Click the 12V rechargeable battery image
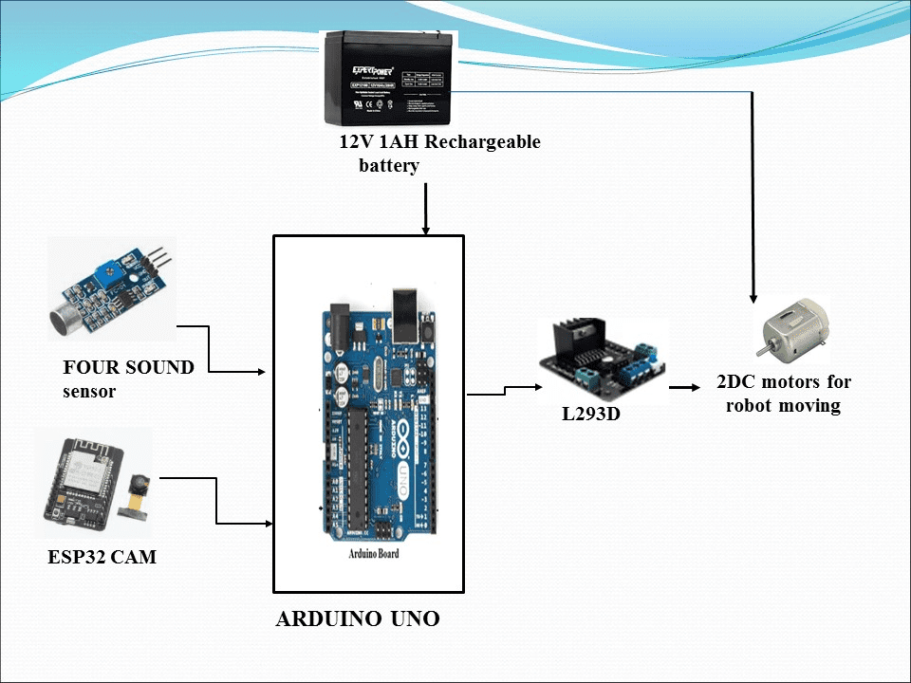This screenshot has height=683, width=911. [389, 78]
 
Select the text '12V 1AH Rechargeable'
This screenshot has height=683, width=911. [439, 142]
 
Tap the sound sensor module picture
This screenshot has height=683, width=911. [112, 289]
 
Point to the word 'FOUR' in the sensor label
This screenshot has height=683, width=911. [87, 367]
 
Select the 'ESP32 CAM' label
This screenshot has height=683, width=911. [102, 558]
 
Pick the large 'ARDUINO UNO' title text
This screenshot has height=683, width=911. [358, 619]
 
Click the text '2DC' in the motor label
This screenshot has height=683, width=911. [735, 382]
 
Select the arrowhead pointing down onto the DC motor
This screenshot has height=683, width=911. [753, 295]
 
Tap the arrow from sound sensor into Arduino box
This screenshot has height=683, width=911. [234, 371]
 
